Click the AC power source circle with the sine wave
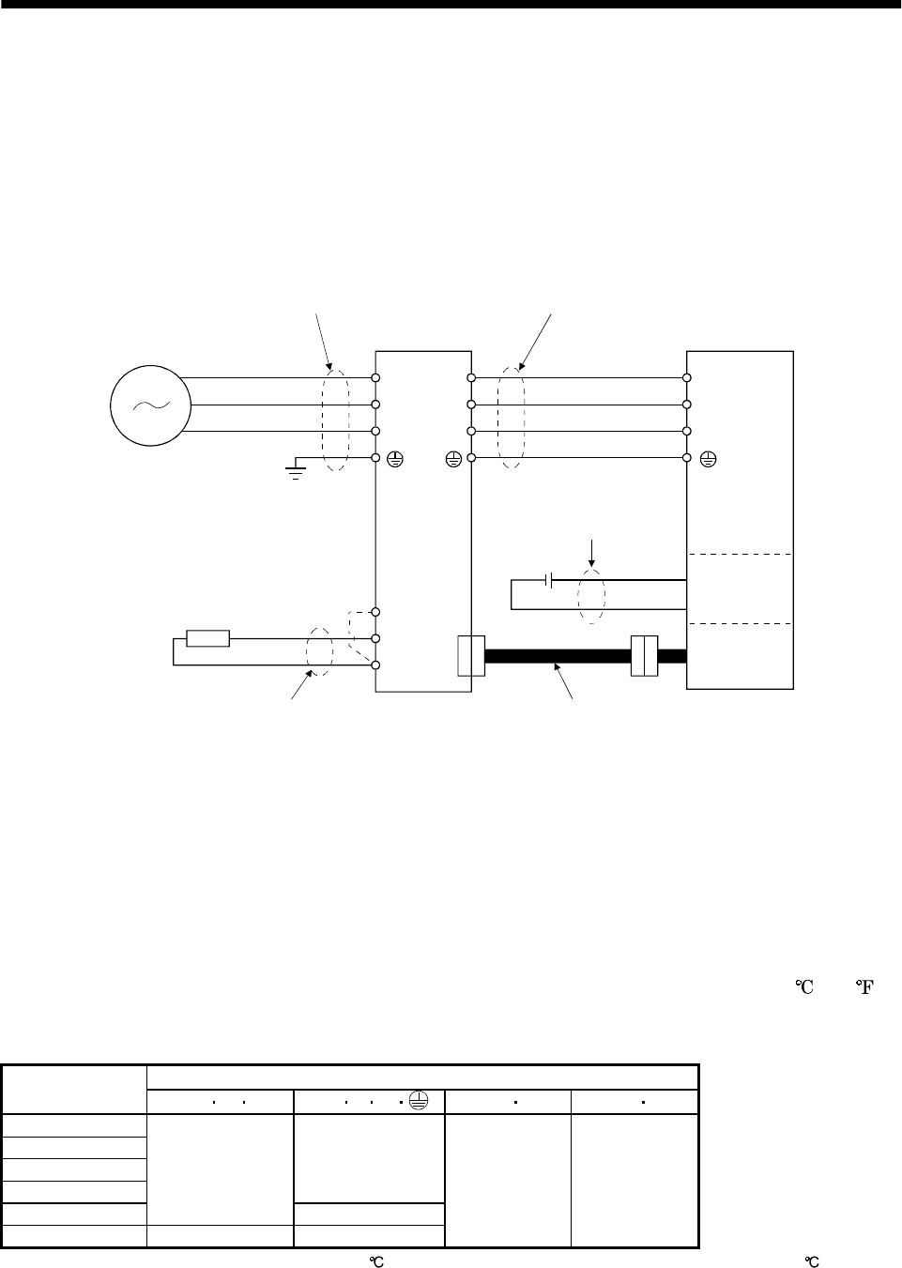[150, 405]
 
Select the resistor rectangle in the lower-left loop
[207, 638]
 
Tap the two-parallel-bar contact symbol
[548, 580]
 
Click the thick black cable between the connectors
[558, 656]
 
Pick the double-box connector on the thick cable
[645, 656]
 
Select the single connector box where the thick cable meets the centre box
[471, 656]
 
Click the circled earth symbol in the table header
[419, 1101]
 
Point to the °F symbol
[864, 987]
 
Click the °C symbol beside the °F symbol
[804, 987]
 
